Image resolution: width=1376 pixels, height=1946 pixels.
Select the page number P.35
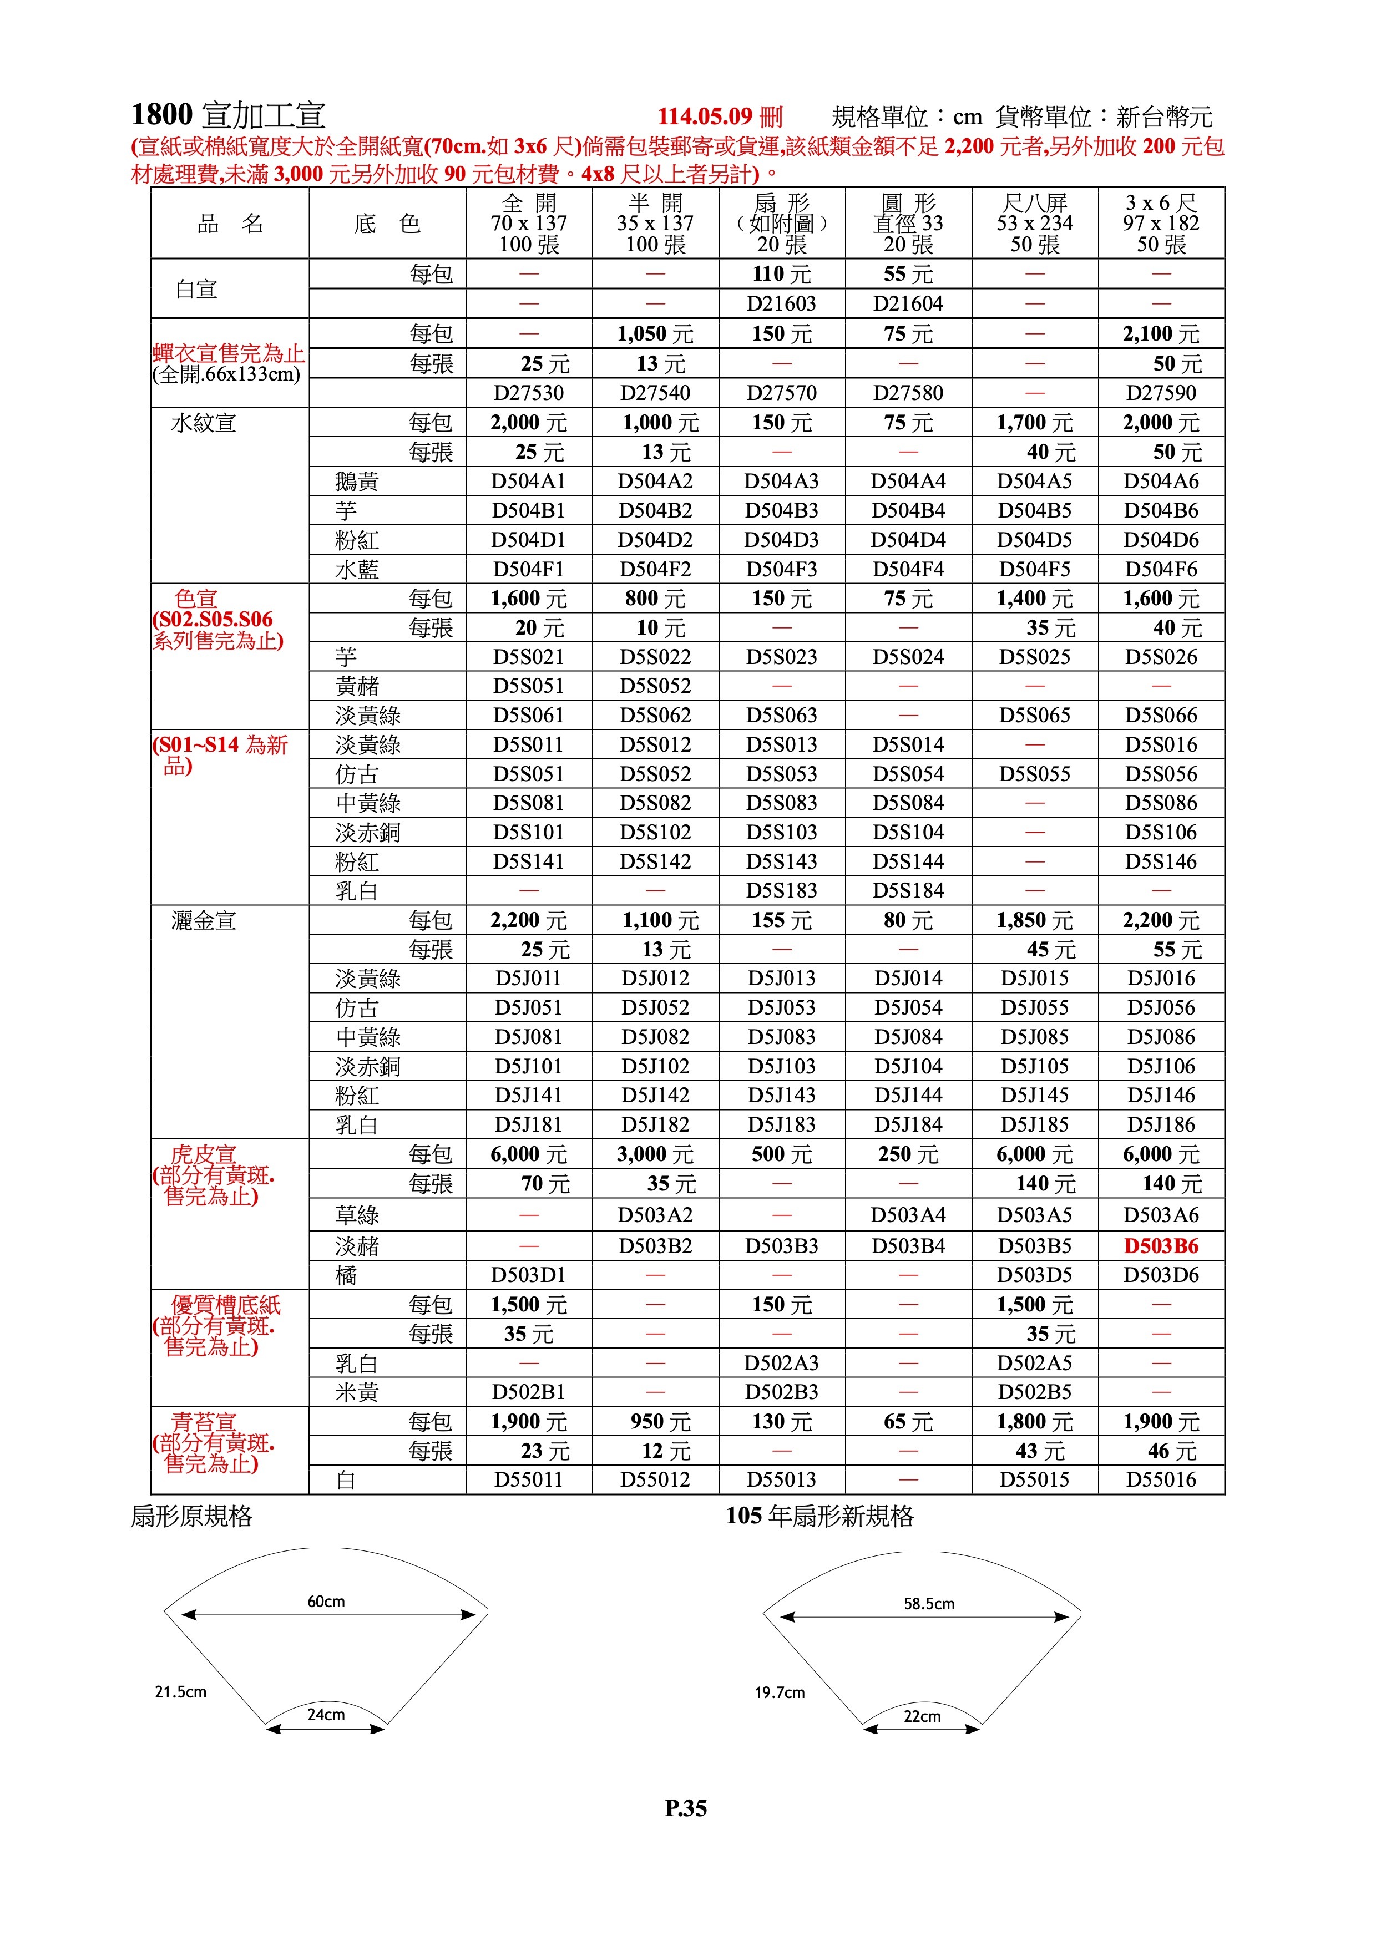click(685, 1808)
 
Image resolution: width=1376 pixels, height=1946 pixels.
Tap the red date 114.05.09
click(705, 117)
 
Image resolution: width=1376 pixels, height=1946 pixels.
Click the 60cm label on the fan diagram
click(326, 1601)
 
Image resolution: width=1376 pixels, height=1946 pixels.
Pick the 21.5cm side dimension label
click(180, 1692)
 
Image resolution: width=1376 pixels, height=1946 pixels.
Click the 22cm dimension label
click(922, 1716)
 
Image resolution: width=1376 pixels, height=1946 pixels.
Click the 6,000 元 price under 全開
click(528, 1154)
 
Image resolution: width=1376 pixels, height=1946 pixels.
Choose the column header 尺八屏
click(1034, 204)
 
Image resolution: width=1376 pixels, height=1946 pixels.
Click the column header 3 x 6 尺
click(1161, 204)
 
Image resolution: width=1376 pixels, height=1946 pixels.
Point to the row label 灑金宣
click(204, 920)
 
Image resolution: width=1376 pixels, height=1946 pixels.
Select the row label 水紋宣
click(204, 422)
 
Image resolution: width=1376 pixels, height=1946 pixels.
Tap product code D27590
click(1161, 392)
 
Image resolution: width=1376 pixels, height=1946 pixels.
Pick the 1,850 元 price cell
click(1034, 920)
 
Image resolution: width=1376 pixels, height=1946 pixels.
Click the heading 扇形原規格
click(191, 1516)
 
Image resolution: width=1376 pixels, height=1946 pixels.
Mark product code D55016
click(1161, 1480)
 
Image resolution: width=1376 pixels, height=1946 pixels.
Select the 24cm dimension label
click(326, 1715)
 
